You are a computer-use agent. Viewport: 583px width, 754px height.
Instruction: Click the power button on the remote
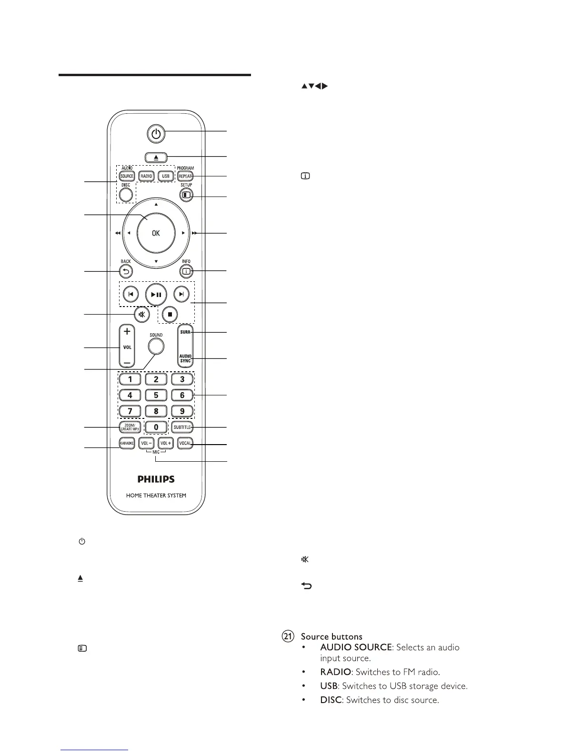(x=156, y=134)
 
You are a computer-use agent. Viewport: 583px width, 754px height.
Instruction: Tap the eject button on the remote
(x=156, y=158)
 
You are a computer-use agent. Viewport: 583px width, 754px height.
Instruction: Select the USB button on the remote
(x=165, y=176)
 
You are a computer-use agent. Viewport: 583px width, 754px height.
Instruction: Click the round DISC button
(x=126, y=194)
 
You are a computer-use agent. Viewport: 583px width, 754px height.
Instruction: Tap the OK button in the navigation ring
(x=156, y=233)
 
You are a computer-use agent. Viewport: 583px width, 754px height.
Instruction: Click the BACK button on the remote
(x=126, y=271)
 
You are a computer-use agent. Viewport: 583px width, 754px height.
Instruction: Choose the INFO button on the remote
(x=186, y=271)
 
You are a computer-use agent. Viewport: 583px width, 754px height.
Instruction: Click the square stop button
(x=170, y=314)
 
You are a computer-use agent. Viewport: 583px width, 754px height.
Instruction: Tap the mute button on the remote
(x=141, y=314)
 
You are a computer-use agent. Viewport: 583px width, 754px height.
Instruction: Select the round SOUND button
(x=156, y=346)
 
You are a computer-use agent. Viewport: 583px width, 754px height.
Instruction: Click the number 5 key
(x=156, y=395)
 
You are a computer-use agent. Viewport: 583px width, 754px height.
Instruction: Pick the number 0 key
(x=156, y=427)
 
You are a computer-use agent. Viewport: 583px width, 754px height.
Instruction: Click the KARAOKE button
(x=127, y=443)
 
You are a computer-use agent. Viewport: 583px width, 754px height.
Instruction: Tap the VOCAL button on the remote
(x=185, y=443)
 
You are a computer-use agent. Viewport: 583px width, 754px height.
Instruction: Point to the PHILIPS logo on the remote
(x=156, y=479)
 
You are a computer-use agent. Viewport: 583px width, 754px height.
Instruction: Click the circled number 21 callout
(x=288, y=636)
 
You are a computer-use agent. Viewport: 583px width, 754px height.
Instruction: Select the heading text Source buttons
(x=332, y=636)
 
